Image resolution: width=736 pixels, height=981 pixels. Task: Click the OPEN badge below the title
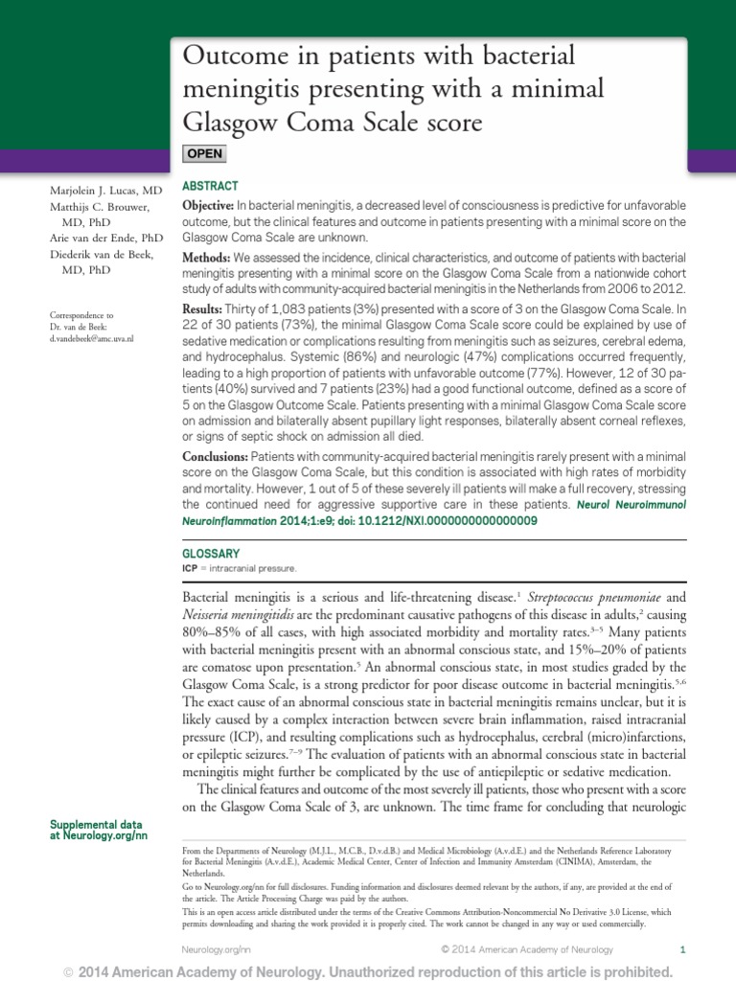tap(204, 153)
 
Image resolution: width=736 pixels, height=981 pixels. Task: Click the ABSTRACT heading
tap(210, 186)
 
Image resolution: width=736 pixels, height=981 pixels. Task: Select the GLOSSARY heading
tap(211, 554)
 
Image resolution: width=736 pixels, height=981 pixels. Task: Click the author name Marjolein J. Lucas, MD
tap(106, 192)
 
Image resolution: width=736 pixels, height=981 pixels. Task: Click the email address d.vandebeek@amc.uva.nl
tap(92, 339)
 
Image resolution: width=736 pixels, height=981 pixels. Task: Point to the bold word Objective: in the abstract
tap(208, 207)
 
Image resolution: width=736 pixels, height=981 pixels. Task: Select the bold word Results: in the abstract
tap(202, 311)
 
